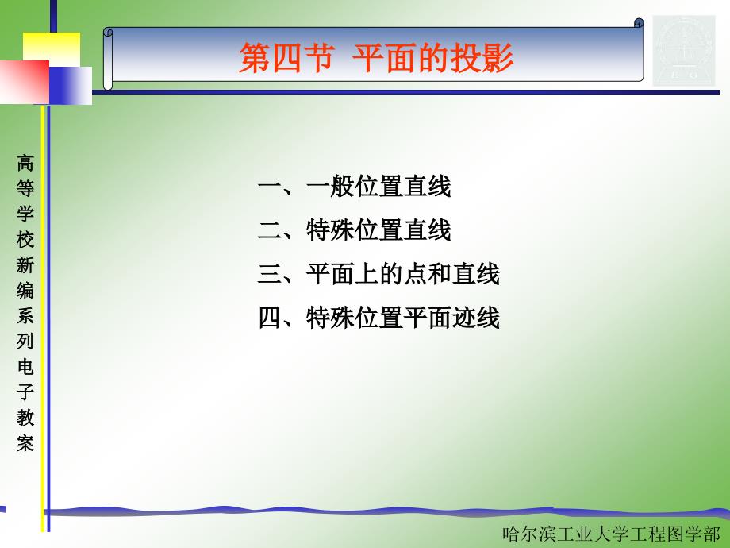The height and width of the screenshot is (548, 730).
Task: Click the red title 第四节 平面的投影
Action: (376, 58)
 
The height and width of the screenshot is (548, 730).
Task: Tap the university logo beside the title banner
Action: (684, 51)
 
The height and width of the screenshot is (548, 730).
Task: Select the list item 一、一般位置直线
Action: (355, 187)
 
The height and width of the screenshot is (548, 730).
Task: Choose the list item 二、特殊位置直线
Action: (355, 230)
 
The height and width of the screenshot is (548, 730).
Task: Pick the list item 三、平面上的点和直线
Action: (378, 273)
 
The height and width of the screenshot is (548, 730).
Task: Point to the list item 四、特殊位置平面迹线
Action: (378, 318)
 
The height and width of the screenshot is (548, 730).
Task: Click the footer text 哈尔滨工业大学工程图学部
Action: (611, 534)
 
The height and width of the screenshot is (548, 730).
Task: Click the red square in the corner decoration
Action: (25, 82)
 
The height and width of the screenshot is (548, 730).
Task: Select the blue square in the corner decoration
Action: (71, 86)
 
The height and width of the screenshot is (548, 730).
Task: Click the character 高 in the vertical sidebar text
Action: (25, 164)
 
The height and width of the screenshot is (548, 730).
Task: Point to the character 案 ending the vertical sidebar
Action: (25, 442)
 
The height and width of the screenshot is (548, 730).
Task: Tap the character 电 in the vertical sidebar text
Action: (25, 366)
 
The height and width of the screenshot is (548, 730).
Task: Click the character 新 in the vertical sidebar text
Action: (25, 265)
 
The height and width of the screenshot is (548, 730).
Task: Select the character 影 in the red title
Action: (498, 58)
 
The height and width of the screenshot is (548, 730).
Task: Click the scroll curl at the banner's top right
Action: (639, 23)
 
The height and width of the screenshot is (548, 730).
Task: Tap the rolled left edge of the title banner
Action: (108, 59)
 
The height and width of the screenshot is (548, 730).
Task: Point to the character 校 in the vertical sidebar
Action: (25, 240)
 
